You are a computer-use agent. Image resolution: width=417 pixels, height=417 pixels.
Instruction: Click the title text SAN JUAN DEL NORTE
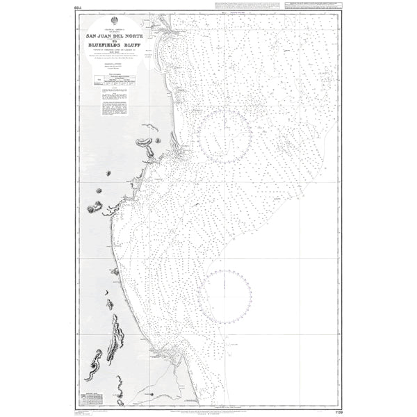coord(114,38)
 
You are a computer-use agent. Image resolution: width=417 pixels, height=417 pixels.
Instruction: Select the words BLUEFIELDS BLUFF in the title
coord(114,49)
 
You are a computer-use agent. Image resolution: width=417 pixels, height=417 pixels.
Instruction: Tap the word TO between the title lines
coord(114,43)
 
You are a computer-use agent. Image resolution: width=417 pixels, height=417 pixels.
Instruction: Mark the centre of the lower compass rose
coord(224,295)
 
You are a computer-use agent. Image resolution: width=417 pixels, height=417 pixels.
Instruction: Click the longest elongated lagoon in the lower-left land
coord(115,338)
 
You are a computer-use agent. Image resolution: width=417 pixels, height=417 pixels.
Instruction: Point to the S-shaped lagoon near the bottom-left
coord(93,365)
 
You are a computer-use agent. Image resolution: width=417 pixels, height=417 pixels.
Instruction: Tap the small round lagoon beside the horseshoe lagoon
coord(158,140)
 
